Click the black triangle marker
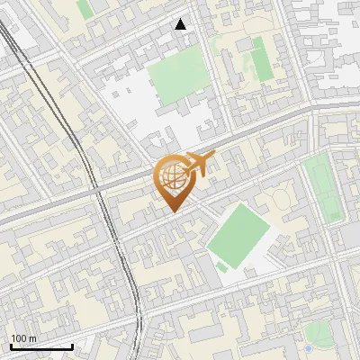(181, 24)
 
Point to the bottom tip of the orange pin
(171, 211)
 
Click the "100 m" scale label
(23, 338)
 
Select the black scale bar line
(41, 346)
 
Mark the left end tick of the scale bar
(11, 345)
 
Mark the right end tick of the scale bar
(72, 345)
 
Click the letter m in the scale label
(31, 338)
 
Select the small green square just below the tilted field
(221, 267)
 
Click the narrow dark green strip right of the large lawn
(261, 58)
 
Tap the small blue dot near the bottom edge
(310, 348)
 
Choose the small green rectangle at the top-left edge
(85, 8)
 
